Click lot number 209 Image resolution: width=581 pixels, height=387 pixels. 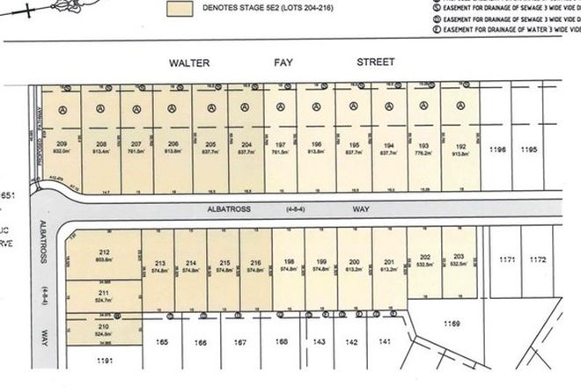click(x=62, y=142)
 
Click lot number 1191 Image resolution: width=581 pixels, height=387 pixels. click(x=103, y=361)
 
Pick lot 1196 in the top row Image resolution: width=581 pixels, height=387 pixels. click(x=498, y=150)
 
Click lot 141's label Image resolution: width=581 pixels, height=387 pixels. click(x=383, y=340)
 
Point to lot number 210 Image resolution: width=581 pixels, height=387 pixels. click(x=103, y=326)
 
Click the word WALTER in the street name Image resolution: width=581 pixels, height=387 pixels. click(x=189, y=63)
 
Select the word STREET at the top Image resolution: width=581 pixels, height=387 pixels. click(x=375, y=63)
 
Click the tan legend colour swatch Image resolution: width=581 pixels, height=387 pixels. click(x=182, y=10)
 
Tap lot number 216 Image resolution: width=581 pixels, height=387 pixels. click(x=255, y=263)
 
